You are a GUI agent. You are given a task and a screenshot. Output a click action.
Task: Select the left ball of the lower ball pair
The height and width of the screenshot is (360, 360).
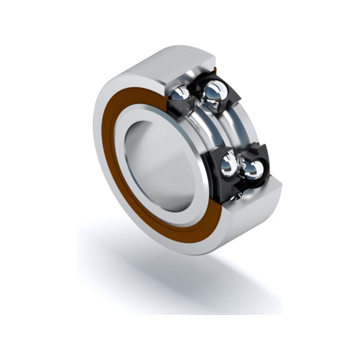pyautogui.click(x=229, y=164)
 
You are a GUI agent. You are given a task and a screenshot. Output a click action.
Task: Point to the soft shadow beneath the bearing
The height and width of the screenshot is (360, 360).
pyautogui.click(x=180, y=282)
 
